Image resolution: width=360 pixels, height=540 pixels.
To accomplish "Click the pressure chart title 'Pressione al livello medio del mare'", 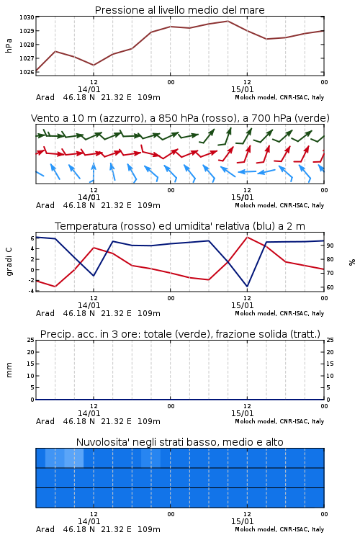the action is pos(179,10).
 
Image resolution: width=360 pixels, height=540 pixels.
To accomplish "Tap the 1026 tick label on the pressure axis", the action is pos(27,72).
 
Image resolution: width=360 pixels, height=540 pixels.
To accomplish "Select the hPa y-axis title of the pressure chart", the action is pos(9,45).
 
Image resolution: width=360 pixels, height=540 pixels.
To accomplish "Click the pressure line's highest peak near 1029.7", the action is pos(228,21).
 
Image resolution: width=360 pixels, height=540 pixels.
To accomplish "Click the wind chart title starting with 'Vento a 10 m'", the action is pos(180,118).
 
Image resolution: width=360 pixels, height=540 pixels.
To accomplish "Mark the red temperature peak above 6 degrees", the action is pos(247,237).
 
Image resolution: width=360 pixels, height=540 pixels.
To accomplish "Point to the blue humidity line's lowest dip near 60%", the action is pos(247,286).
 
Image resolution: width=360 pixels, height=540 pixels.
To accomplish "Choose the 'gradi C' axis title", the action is pos(9,261).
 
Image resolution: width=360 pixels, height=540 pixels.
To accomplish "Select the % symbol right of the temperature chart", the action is pos(352,262).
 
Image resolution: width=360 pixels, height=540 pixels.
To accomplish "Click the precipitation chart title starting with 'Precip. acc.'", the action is pos(180,334).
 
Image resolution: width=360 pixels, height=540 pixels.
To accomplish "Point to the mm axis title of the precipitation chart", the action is pos(9,370).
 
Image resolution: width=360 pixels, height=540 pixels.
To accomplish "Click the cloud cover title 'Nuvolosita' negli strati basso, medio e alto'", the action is pos(179,442).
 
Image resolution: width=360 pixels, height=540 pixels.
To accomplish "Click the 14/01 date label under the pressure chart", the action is pos(89,89).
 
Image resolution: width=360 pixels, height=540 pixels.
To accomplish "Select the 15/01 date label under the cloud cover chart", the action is pos(242,521).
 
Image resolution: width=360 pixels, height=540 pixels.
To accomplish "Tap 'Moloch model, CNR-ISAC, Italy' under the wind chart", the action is pos(279,205).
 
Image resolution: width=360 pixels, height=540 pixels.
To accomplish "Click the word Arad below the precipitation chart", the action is pos(45,421).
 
